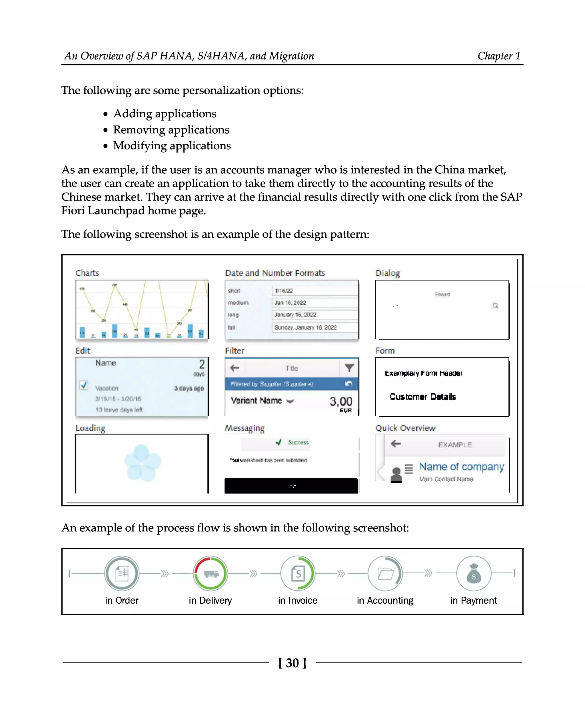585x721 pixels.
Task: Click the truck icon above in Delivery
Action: point(211,573)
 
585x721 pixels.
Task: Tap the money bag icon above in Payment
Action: point(474,574)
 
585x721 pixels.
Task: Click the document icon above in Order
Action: point(122,573)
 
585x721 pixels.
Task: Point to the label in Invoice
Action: point(298,601)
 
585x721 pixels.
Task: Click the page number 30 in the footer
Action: point(292,663)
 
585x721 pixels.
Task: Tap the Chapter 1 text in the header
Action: point(499,56)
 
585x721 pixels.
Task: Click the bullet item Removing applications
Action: point(171,130)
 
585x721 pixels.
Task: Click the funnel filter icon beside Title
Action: point(349,368)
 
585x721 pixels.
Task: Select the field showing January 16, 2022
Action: point(314,315)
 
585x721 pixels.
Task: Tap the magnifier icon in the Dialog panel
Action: point(495,306)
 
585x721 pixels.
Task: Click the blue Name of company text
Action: point(461,467)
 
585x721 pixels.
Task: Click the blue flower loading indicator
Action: point(142,463)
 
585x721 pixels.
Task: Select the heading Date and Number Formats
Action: point(275,273)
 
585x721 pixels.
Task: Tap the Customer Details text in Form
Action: point(422,397)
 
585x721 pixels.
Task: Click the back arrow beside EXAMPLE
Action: point(396,444)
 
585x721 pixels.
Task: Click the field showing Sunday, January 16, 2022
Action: point(314,328)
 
